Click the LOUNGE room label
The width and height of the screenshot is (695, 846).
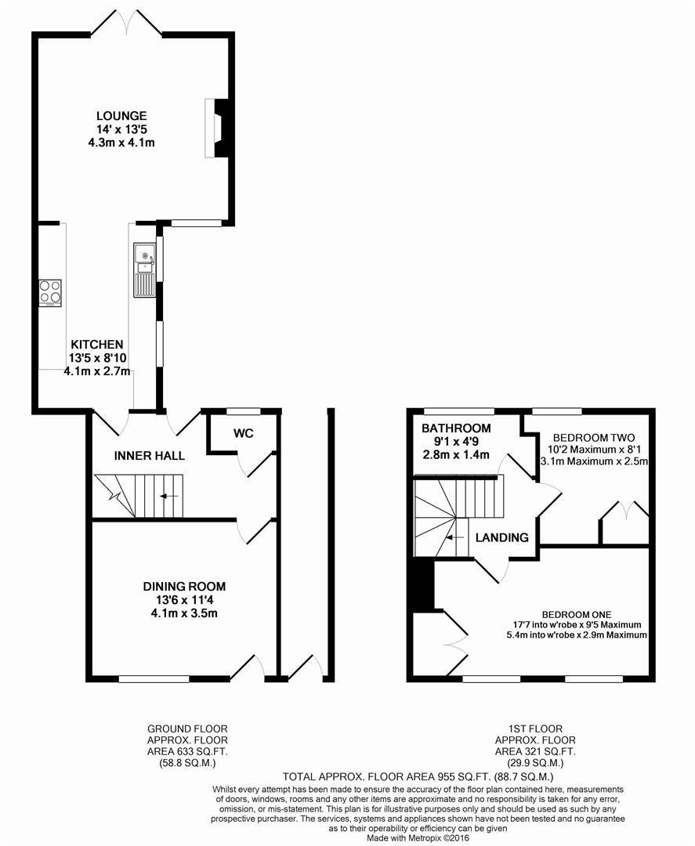pos(121,115)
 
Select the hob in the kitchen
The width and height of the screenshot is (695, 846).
pos(49,293)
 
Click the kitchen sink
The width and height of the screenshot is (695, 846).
pos(145,269)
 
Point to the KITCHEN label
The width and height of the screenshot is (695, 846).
pos(97,344)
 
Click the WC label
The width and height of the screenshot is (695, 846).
pos(244,433)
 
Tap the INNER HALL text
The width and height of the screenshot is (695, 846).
pos(150,455)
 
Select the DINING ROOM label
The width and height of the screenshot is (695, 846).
pos(184,587)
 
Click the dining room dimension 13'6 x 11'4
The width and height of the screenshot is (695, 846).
pos(184,600)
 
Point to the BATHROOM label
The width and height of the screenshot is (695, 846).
pos(456,428)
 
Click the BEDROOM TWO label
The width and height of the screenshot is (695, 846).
pos(594,438)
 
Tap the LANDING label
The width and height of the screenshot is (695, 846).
pos(501,537)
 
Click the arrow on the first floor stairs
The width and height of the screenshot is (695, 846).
pos(454,537)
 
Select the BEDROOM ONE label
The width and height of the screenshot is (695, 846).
pos(577,615)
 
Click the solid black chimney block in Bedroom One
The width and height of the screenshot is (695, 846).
pos(424,584)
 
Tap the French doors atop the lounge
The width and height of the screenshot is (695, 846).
pos(126,23)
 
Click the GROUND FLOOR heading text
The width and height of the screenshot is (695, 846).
pos(187,729)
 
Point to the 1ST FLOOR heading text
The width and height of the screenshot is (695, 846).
pos(535,729)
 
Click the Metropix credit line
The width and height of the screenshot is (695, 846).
pos(418,838)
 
